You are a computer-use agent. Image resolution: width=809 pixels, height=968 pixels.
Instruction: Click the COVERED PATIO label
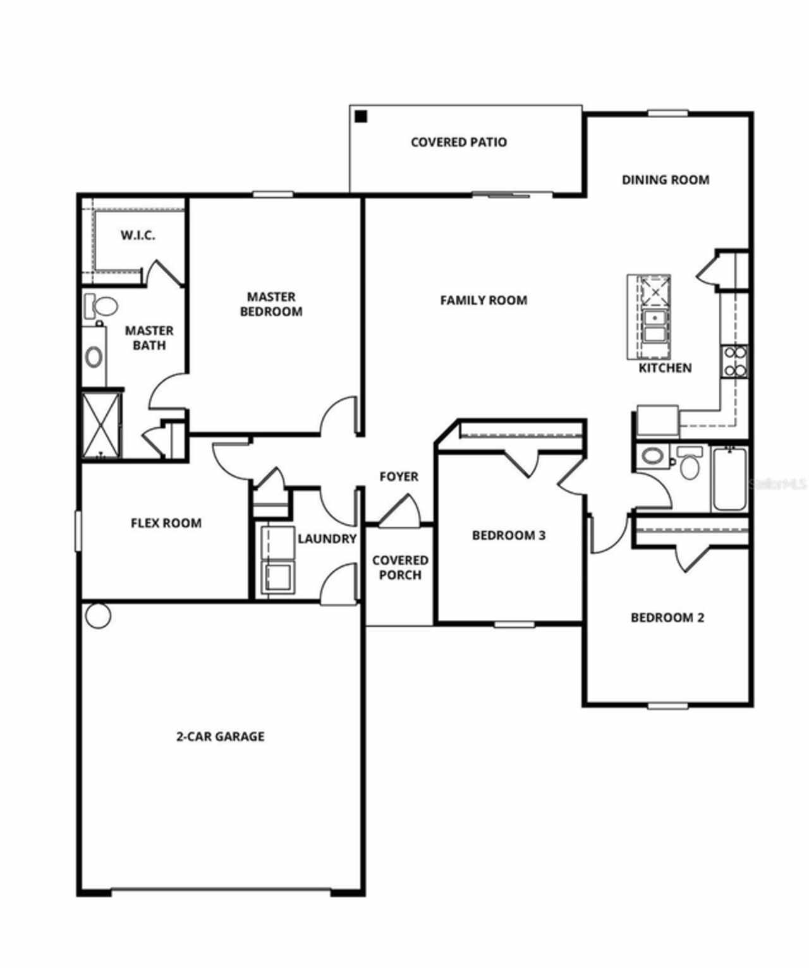458,142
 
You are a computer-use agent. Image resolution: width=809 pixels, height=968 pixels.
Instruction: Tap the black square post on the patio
361,116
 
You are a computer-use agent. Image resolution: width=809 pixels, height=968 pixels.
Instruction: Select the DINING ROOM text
665,180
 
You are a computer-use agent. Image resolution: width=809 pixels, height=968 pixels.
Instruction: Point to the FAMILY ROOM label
484,300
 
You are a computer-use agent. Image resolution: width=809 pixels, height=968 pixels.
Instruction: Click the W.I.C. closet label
138,236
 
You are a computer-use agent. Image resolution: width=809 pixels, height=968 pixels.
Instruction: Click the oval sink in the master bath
94,357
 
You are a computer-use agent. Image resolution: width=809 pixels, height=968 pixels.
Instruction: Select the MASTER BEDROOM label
271,304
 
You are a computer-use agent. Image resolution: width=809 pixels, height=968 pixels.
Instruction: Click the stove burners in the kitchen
734,361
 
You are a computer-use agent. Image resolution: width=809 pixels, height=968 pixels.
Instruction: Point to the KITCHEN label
665,368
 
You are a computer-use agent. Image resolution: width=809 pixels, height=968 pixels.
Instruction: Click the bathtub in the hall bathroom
729,478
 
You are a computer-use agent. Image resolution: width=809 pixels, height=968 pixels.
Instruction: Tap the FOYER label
399,476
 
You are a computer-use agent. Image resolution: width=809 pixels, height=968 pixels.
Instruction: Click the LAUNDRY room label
327,539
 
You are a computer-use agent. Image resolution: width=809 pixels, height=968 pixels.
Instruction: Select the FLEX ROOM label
166,523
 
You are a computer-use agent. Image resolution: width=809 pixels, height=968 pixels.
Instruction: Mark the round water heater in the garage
98,615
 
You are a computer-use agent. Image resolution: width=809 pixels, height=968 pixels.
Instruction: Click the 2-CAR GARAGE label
220,736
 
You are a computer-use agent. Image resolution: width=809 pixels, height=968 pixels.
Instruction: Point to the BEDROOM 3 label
509,536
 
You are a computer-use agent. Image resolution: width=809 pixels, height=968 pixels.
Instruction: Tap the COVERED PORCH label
400,567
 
